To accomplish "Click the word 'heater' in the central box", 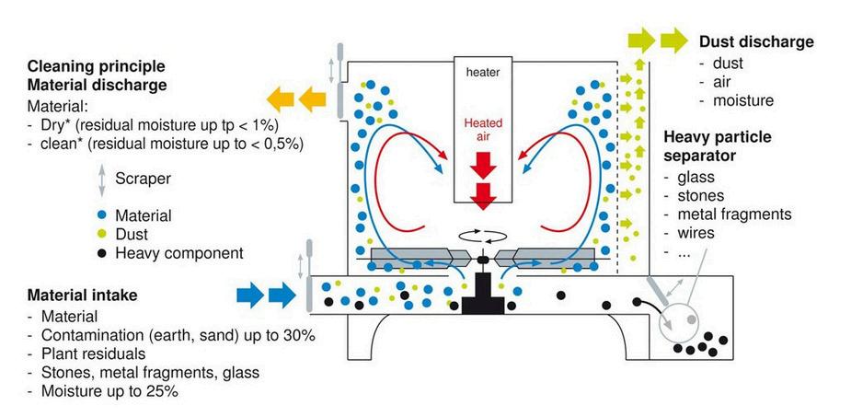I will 483,72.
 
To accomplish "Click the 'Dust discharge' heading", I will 756,42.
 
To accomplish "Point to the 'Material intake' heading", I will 84,296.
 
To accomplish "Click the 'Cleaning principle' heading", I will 97,66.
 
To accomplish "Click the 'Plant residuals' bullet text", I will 93,353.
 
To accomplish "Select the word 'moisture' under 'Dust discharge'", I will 742,100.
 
